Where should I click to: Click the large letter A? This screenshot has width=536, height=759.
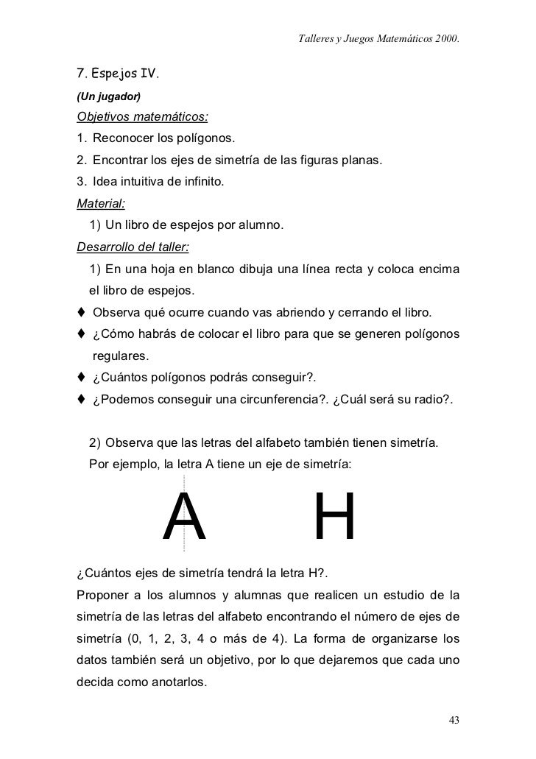pos(184,517)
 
